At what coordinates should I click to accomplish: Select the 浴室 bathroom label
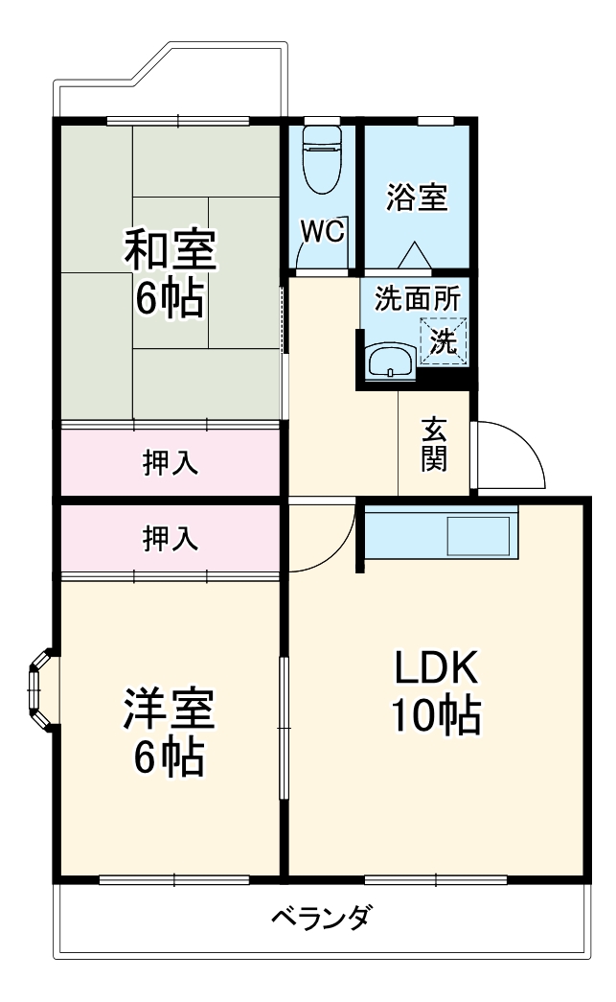pos(417,198)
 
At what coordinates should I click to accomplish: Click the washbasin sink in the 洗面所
pos(390,361)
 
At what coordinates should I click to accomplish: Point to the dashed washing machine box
pos(443,340)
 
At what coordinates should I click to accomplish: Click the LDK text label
pos(436,666)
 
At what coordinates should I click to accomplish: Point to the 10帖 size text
pos(436,714)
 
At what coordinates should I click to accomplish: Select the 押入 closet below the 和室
pos(171,463)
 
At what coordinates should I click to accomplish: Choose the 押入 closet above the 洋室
pos(171,540)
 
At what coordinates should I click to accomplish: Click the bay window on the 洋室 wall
pos(39,690)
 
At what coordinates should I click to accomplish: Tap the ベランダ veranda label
pos(320,917)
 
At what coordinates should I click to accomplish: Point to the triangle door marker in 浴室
pos(415,256)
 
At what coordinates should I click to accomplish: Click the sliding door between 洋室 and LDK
pos(284,727)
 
